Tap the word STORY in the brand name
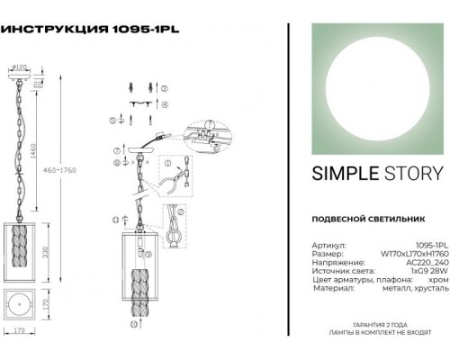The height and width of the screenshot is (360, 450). (413, 174)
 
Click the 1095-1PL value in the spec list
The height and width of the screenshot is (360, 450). (428, 243)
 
